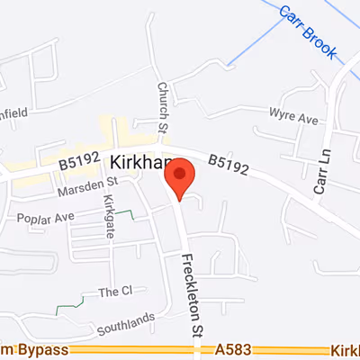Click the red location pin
pos(180,177)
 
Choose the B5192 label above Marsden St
pos(78,163)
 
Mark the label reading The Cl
pos(115,292)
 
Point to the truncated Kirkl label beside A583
pos(346,349)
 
